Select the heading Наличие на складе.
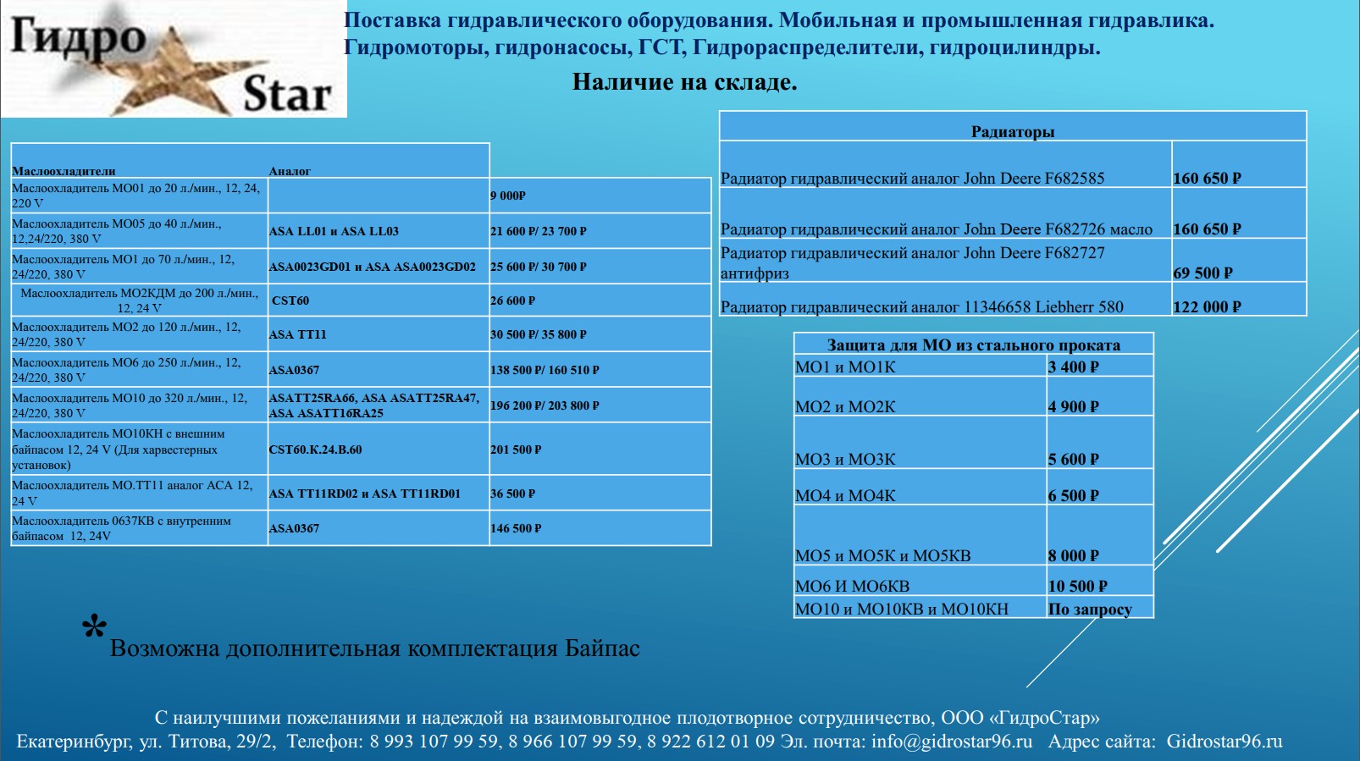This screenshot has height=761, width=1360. pyautogui.click(x=684, y=82)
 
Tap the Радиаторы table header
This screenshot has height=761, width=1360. pyautogui.click(x=1012, y=131)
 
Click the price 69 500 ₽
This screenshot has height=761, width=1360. pyautogui.click(x=1202, y=273)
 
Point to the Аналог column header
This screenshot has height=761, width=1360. pyautogui.click(x=290, y=171)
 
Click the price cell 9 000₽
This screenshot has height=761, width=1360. pyautogui.click(x=508, y=196)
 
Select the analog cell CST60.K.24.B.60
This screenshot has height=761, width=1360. pyautogui.click(x=315, y=449)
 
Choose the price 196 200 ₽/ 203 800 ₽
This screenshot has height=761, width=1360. pyautogui.click(x=545, y=405)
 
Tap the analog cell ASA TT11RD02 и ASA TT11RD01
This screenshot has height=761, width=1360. pyautogui.click(x=364, y=494)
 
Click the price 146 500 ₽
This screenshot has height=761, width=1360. pyautogui.click(x=516, y=528)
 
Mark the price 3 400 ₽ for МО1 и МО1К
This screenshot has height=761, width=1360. pyautogui.click(x=1073, y=367)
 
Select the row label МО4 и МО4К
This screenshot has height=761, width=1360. pyautogui.click(x=845, y=495)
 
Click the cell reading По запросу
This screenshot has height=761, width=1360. pyautogui.click(x=1090, y=609)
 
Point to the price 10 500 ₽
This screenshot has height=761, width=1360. pyautogui.click(x=1077, y=586)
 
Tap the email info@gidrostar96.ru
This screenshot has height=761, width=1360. pyautogui.click(x=952, y=742)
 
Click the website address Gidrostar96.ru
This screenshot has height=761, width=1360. pyautogui.click(x=1225, y=742)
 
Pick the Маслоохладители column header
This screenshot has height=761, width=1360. pyautogui.click(x=64, y=171)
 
